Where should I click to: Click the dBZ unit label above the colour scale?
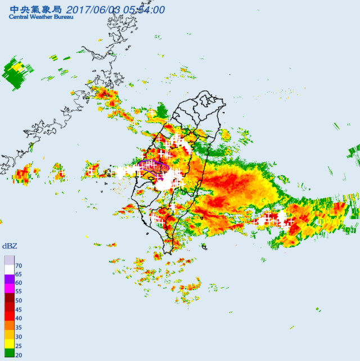tap(10, 246)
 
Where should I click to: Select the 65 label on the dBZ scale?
tap(19, 274)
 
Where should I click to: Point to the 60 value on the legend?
tap(19, 283)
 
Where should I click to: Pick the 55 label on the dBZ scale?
tap(19, 292)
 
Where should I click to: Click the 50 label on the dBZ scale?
tap(19, 301)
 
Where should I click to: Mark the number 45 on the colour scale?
tap(19, 310)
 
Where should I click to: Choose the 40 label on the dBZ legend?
tap(19, 319)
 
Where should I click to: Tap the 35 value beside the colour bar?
tap(19, 328)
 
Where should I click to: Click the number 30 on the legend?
tap(19, 337)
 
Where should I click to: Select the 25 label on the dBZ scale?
tap(19, 346)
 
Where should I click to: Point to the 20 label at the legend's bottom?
tap(19, 355)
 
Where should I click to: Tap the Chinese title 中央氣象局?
tap(34, 8)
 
